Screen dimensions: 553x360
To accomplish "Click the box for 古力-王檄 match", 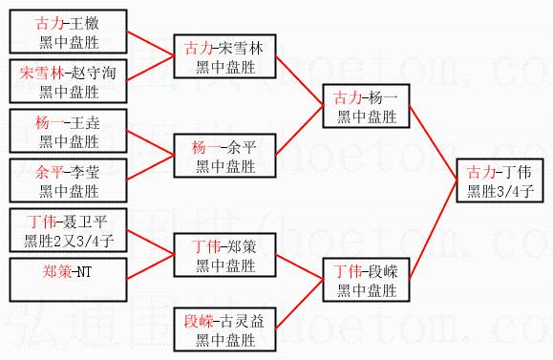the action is point(68,32).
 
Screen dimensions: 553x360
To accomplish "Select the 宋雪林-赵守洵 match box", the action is point(68,81).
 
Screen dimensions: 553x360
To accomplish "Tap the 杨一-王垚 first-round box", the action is point(68,131).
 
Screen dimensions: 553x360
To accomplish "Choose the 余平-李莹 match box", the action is point(68,180).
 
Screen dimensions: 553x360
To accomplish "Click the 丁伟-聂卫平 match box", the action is point(68,230).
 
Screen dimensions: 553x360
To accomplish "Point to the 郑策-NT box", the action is point(68,280).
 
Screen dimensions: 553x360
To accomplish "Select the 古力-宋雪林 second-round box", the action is point(224,56).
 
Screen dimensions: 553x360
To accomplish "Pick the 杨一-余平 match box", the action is point(224,156).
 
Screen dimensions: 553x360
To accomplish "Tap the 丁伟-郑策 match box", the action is point(224,255).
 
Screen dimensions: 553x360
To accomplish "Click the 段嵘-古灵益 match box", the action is point(224,329).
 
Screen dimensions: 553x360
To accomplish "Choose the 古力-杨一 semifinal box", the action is point(366,106).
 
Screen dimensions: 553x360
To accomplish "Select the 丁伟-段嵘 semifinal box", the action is point(366,280).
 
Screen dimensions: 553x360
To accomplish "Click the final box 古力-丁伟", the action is point(500,180).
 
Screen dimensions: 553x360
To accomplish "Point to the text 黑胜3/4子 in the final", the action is point(500,192).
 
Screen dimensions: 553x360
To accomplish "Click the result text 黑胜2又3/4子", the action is point(69,242).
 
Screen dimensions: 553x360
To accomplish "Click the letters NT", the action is point(84,272).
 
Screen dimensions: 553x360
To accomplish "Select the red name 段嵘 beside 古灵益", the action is point(199,321).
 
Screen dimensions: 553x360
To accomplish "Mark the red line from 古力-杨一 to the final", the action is point(433,143).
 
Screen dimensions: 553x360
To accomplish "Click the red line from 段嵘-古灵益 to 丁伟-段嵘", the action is point(300,305).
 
